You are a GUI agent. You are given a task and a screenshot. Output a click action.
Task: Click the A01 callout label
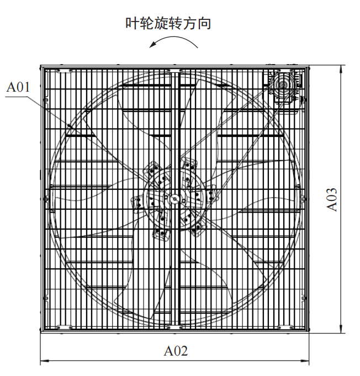(x=18, y=87)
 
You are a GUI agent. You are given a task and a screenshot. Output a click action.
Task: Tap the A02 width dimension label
(x=176, y=351)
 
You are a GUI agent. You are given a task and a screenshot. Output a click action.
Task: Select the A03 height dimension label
(x=332, y=199)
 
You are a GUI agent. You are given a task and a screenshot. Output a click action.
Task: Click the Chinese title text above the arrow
(x=168, y=23)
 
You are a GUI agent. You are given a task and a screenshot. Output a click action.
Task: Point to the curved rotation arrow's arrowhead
(x=152, y=45)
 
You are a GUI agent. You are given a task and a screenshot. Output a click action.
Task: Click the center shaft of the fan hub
(x=174, y=199)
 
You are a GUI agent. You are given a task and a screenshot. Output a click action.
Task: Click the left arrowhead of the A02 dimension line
(x=45, y=361)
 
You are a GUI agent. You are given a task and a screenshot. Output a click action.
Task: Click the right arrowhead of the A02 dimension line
(x=305, y=361)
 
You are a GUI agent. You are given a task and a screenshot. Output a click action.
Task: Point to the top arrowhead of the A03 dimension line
(x=341, y=70)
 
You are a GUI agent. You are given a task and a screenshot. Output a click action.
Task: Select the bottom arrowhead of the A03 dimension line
(x=341, y=329)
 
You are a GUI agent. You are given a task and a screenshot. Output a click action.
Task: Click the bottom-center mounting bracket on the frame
(x=175, y=327)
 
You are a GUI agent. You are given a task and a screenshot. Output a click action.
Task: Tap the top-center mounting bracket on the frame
(x=175, y=71)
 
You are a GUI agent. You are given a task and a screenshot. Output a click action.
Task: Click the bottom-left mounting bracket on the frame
(x=64, y=327)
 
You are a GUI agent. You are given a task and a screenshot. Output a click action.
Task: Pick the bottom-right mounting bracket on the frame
(x=285, y=327)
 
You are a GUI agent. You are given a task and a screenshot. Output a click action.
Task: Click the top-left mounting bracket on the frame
(x=64, y=71)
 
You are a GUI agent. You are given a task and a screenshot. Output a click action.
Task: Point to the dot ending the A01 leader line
(x=70, y=125)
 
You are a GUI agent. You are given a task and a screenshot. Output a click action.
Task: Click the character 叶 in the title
(x=131, y=24)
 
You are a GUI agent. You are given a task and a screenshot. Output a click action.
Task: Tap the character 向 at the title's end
(x=204, y=24)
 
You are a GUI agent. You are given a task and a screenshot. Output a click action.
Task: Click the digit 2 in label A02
(x=184, y=351)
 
